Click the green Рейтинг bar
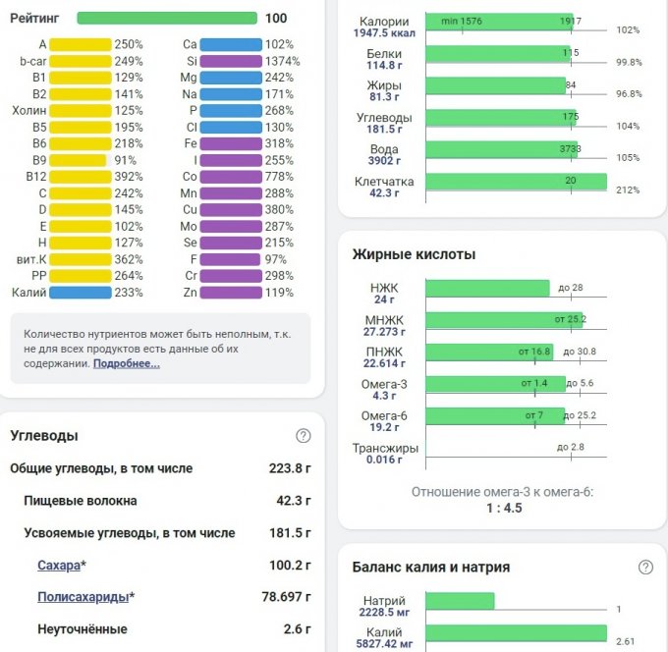[x=168, y=18]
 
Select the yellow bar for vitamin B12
[x=80, y=178]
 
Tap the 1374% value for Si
[x=283, y=61]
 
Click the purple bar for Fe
[x=231, y=142]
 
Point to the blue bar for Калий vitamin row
[x=80, y=293]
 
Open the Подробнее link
[x=127, y=363]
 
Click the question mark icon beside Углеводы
[x=303, y=436]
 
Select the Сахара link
[x=59, y=566]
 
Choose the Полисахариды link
[x=83, y=597]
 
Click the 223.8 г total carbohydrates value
[x=290, y=468]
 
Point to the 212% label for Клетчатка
[x=629, y=190]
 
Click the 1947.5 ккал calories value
[x=384, y=32]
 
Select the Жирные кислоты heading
[x=414, y=254]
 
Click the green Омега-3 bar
[x=495, y=384]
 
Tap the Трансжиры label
[x=385, y=448]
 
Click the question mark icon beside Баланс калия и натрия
[x=645, y=567]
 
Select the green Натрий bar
[x=460, y=601]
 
